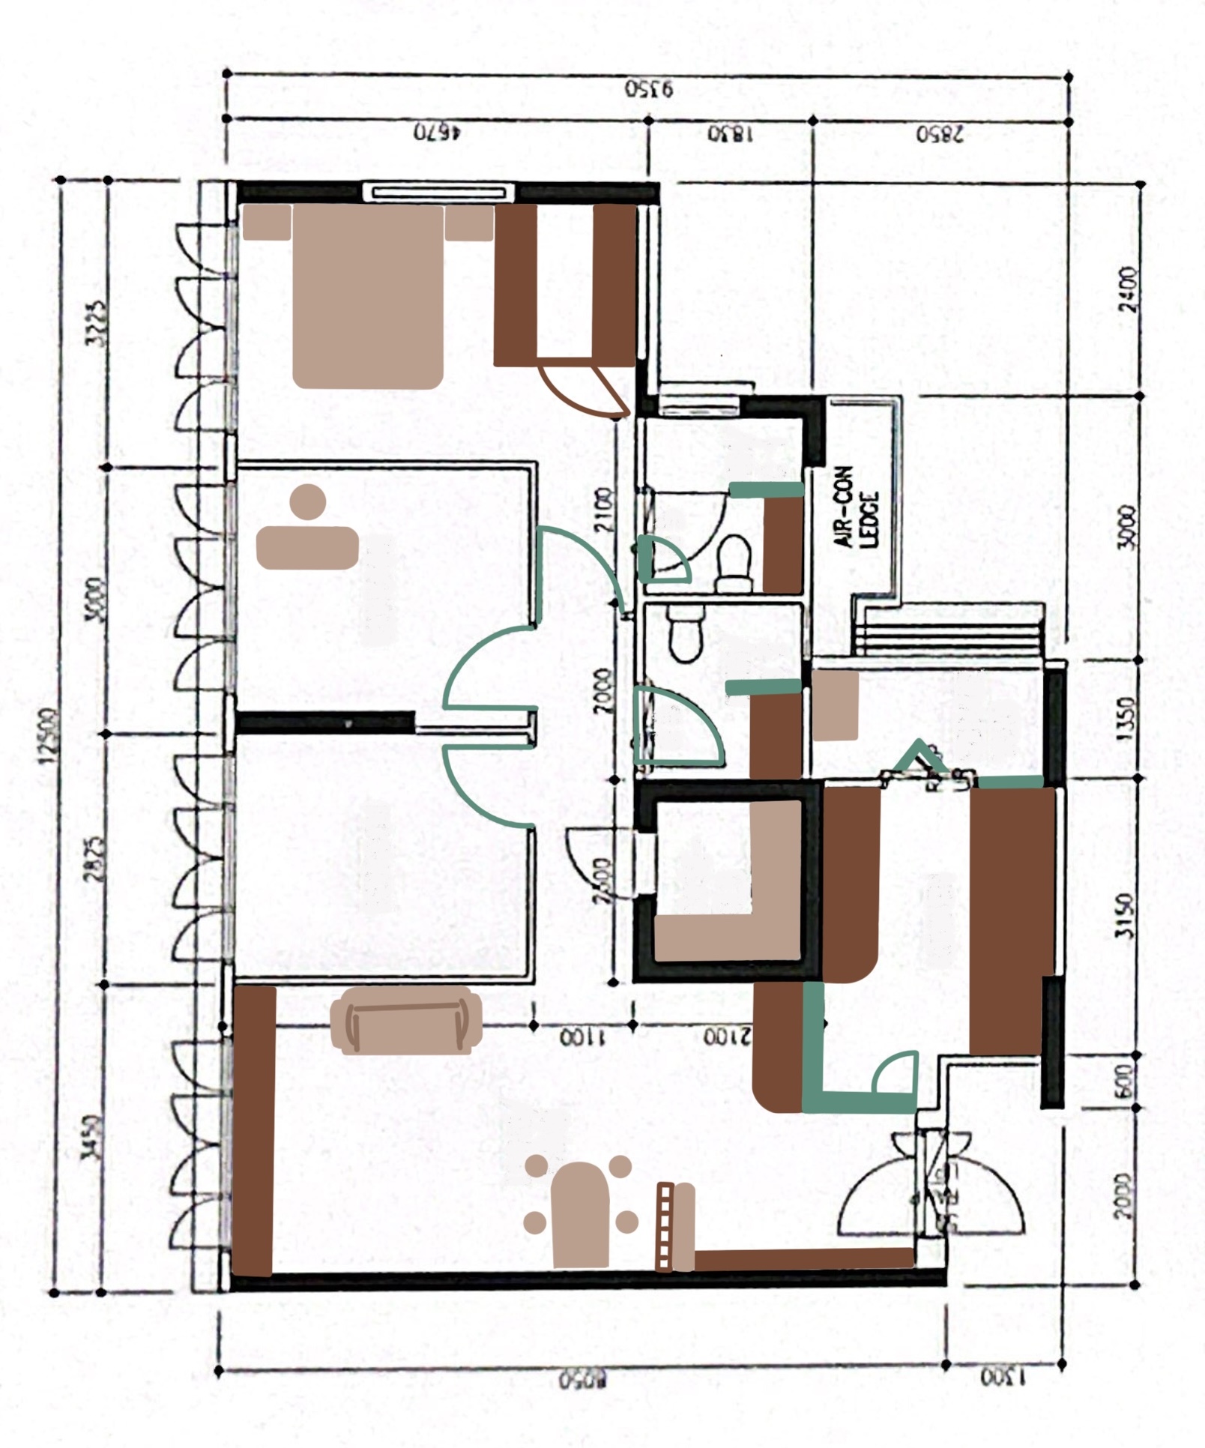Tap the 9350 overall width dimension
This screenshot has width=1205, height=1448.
(x=649, y=89)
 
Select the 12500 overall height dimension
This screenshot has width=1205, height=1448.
(x=48, y=735)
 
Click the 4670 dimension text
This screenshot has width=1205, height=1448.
(x=437, y=133)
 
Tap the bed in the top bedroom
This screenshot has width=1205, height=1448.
(x=367, y=296)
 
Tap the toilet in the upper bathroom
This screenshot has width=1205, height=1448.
(x=734, y=563)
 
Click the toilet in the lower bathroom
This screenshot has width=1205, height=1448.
(x=685, y=633)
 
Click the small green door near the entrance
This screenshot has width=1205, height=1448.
(x=896, y=1073)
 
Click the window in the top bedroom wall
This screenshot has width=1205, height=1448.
(x=438, y=193)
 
